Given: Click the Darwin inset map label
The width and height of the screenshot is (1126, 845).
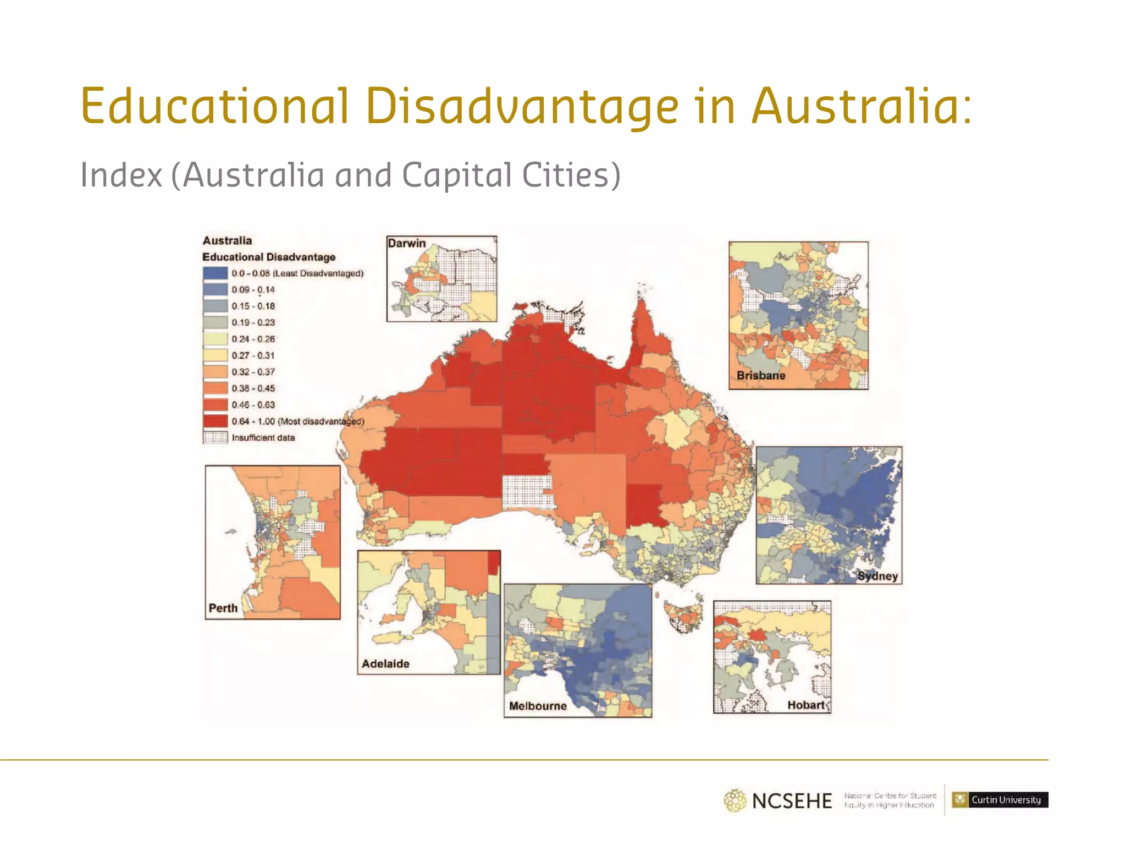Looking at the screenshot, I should tap(406, 243).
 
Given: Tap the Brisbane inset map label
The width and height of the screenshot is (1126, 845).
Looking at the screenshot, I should tap(761, 376).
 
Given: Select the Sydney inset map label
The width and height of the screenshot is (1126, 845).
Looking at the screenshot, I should tap(877, 576).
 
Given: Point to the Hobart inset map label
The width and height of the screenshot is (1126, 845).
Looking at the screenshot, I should tap(806, 705).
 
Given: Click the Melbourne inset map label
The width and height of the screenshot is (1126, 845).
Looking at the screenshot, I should tap(538, 706).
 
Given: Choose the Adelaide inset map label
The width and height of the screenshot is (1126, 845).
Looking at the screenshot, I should tap(385, 663).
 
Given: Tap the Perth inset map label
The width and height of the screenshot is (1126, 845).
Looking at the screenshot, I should tap(223, 608).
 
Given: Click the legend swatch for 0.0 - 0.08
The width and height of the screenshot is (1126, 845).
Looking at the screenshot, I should tap(215, 273).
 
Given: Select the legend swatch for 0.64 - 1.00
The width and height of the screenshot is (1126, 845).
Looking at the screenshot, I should tap(215, 421).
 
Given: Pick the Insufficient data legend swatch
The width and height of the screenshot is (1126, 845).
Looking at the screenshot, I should tap(215, 438).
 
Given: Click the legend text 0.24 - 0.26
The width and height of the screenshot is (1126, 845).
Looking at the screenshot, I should tap(253, 339).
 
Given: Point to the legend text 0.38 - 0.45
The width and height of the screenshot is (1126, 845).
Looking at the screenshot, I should tap(253, 388).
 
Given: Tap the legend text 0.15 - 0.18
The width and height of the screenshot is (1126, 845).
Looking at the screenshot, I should tap(253, 306).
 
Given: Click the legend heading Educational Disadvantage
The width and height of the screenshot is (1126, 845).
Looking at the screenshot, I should tap(269, 257).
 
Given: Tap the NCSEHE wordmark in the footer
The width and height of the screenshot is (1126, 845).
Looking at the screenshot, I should tap(792, 800).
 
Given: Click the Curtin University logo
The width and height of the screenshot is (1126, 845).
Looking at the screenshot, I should tap(1000, 800).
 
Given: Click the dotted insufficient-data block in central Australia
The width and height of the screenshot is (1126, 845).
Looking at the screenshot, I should tap(527, 491).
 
